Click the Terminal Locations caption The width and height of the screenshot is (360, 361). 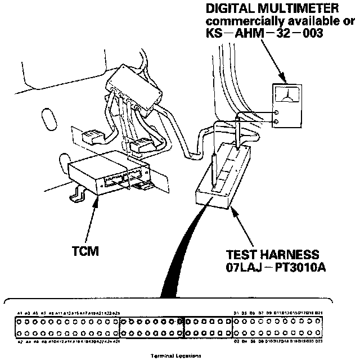click(x=177, y=355)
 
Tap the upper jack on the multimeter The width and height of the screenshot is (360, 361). click(x=276, y=111)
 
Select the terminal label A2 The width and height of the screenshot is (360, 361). click(x=20, y=341)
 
